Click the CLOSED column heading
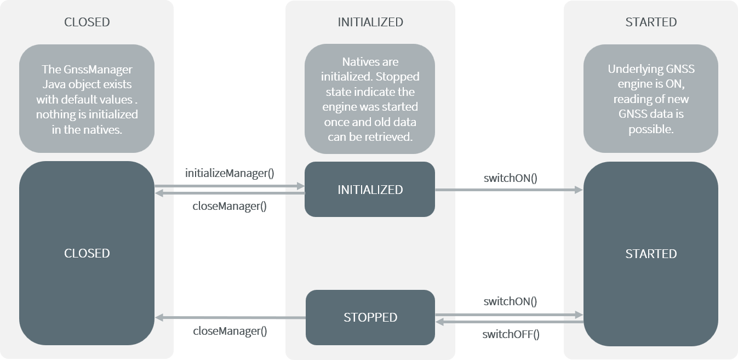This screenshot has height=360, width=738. (x=87, y=22)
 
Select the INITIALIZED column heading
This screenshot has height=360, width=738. (x=370, y=22)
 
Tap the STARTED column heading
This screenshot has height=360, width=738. (x=651, y=22)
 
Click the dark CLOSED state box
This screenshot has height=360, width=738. (x=87, y=253)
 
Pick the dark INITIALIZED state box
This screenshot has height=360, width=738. (x=370, y=190)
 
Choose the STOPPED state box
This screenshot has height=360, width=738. (x=370, y=317)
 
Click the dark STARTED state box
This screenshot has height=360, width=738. (x=651, y=254)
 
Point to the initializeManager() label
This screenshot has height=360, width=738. (x=230, y=174)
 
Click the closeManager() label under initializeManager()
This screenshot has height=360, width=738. (x=230, y=207)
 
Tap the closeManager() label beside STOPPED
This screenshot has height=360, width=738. (x=230, y=332)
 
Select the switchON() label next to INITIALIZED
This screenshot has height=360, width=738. (x=510, y=178)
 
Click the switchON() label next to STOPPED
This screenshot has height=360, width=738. (x=510, y=301)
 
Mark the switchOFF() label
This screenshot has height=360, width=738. (x=511, y=334)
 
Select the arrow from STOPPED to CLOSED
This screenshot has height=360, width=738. (x=230, y=318)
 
